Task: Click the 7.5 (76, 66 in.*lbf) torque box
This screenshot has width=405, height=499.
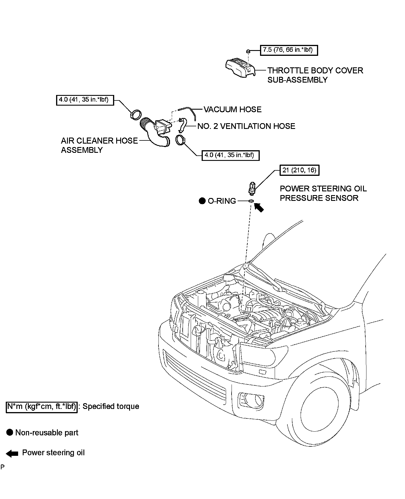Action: click(289, 50)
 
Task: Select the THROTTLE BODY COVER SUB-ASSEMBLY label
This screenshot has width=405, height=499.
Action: click(315, 75)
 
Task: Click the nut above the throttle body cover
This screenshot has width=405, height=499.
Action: click(248, 51)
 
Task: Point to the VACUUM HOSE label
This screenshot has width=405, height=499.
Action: click(232, 109)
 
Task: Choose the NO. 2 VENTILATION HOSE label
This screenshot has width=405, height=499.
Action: click(246, 126)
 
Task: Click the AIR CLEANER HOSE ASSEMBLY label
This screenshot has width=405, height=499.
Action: click(99, 145)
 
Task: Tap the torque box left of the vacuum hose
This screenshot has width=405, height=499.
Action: click(85, 100)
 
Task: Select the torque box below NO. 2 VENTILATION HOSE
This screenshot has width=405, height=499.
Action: click(230, 155)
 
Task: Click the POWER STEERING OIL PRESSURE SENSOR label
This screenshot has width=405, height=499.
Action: click(323, 193)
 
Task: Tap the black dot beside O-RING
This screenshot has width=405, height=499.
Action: click(202, 201)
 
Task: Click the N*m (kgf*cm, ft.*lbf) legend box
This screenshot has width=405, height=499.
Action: click(42, 407)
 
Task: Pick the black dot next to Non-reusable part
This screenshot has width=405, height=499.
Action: click(9, 433)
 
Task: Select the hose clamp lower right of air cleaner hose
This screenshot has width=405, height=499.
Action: click(180, 140)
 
